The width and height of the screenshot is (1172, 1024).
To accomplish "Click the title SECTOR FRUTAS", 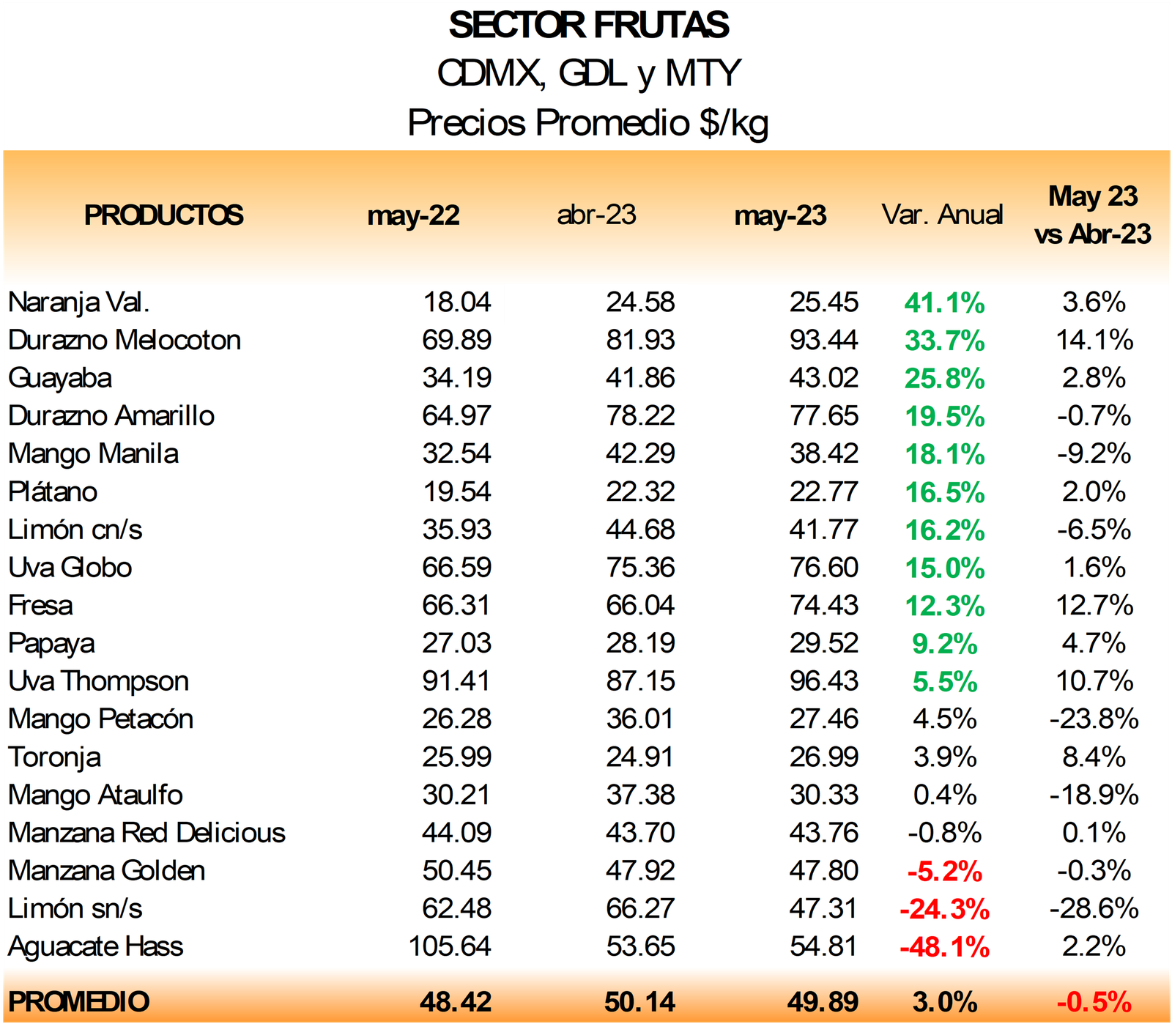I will point(588,26).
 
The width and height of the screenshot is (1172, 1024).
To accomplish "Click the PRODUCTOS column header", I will point(163,215).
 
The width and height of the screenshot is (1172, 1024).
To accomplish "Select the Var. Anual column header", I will point(942,215).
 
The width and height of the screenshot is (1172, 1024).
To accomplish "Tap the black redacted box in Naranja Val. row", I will point(596,304).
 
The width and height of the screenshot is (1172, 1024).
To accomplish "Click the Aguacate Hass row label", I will point(95,946).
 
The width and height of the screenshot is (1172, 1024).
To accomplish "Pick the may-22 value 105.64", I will point(450,946).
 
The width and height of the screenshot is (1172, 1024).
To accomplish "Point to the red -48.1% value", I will point(944,947).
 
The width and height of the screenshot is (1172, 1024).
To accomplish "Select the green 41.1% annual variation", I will point(944,303).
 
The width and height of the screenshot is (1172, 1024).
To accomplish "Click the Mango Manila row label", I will point(93,454).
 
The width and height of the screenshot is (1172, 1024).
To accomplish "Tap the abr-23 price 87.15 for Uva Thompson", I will point(640,681).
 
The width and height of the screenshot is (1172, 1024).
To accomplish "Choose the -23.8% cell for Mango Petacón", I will point(1094,719).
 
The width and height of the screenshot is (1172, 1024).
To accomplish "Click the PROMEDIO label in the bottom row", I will point(78,1001).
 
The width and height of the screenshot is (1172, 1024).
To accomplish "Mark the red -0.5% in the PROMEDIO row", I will point(1094,1001).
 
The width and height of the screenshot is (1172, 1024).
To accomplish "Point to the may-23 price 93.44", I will point(823,341).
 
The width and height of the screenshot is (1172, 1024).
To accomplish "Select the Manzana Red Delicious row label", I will point(146,833).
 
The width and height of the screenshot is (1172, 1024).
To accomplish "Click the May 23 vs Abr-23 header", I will point(1093,215).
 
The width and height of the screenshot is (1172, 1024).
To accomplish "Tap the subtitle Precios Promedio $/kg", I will point(588,122).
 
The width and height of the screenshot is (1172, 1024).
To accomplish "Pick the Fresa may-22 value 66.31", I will point(456,606).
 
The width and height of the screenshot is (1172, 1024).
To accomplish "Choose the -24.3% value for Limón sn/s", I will point(944,909).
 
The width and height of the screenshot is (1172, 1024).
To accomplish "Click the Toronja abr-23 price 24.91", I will point(640,757).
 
